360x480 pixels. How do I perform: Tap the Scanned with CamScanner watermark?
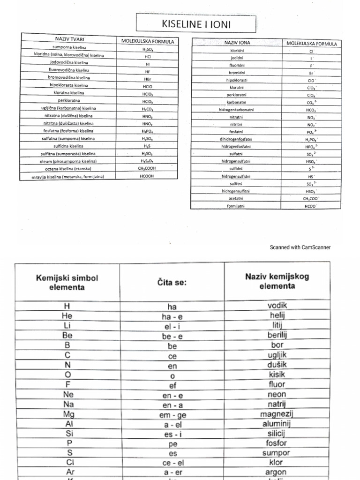pyautogui.click(x=300, y=247)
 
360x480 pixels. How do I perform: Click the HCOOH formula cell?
pyautogui.click(x=147, y=176)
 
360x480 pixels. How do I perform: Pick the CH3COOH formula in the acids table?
pyautogui.click(x=147, y=169)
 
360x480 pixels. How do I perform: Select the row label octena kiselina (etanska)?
pyautogui.click(x=68, y=169)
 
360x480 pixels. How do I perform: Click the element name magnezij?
pyautogui.click(x=277, y=414)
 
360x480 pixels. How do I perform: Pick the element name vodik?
pyautogui.click(x=277, y=306)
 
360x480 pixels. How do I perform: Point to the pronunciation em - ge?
pyautogui.click(x=172, y=414)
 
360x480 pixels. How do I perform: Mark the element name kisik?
pyautogui.click(x=277, y=374)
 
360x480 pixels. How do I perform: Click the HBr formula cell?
pyautogui.click(x=147, y=79)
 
